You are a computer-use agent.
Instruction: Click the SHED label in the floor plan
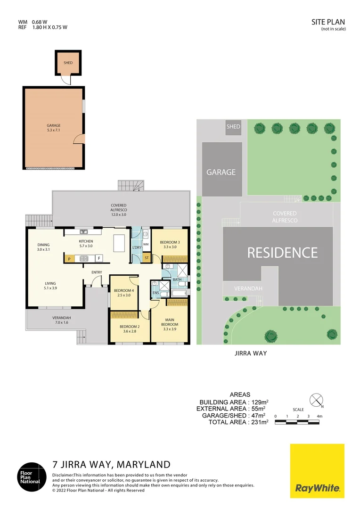(x=68, y=63)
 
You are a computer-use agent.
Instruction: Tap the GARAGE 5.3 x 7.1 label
(x=53, y=128)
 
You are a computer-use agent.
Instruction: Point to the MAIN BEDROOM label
(x=170, y=322)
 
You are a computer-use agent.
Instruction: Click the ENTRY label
(x=97, y=272)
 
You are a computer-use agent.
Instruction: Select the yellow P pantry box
(x=69, y=258)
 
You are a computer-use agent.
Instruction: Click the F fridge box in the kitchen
(x=99, y=258)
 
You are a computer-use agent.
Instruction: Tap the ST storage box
(x=146, y=258)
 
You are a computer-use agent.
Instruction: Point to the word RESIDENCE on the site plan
(x=283, y=253)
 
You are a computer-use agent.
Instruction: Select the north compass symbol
(x=315, y=400)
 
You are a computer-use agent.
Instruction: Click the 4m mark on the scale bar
(x=319, y=416)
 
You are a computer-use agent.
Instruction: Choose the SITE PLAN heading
(x=328, y=22)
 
